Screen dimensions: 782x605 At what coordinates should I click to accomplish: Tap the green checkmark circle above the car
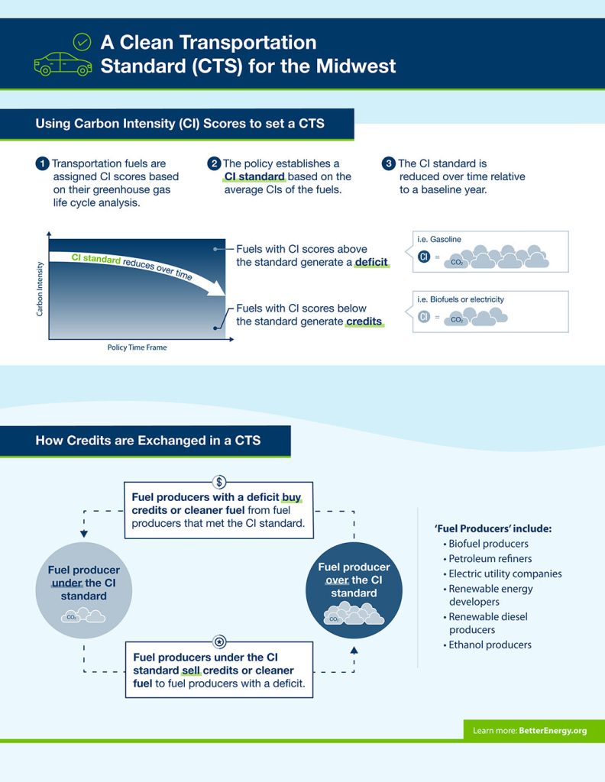pos(81,41)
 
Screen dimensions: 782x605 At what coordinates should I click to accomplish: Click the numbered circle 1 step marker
pos(42,163)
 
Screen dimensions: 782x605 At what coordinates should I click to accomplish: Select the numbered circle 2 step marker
pos(215,163)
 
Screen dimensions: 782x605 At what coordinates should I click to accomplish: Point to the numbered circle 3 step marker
pos(389,163)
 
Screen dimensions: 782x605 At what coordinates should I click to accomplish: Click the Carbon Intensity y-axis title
pos(40,286)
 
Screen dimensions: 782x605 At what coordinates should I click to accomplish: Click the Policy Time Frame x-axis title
pos(137,347)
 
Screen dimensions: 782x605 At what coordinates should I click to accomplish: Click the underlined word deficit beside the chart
pos(371,263)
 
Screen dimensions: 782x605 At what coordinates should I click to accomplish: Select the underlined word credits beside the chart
pos(364,322)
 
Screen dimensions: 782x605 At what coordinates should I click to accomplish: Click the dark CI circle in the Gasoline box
pos(425,257)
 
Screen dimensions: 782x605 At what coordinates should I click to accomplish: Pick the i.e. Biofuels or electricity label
pos(461,299)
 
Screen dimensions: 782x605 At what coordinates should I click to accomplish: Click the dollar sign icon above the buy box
pos(219,482)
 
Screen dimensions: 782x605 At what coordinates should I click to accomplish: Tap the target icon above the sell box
pos(219,642)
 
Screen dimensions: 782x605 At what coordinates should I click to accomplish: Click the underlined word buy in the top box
pos(292,496)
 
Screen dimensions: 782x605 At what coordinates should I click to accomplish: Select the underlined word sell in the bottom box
pos(190,671)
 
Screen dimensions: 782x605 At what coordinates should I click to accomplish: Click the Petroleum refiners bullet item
pos(490,558)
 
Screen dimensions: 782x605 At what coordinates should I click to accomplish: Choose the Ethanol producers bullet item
pos(490,645)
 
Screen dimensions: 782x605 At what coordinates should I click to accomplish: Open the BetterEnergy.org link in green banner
pos(552,731)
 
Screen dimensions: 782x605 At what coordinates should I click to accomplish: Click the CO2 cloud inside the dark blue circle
pos(353,615)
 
